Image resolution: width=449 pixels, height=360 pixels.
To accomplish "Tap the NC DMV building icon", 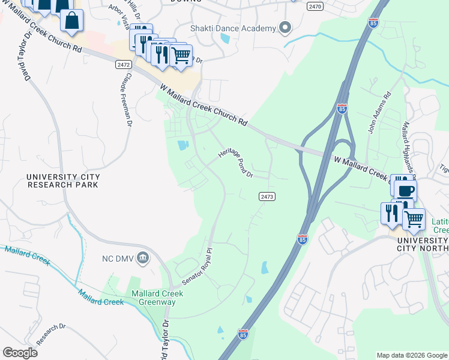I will click(143, 259).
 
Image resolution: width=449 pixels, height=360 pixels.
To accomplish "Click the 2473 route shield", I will click(267, 197).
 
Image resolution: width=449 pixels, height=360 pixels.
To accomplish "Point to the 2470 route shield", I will click(315, 6).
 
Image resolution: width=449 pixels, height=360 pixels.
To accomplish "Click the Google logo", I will click(20, 353).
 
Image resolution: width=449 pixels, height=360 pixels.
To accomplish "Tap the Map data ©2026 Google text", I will click(411, 355).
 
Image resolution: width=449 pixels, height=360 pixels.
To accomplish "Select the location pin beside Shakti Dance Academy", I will click(285, 28).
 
